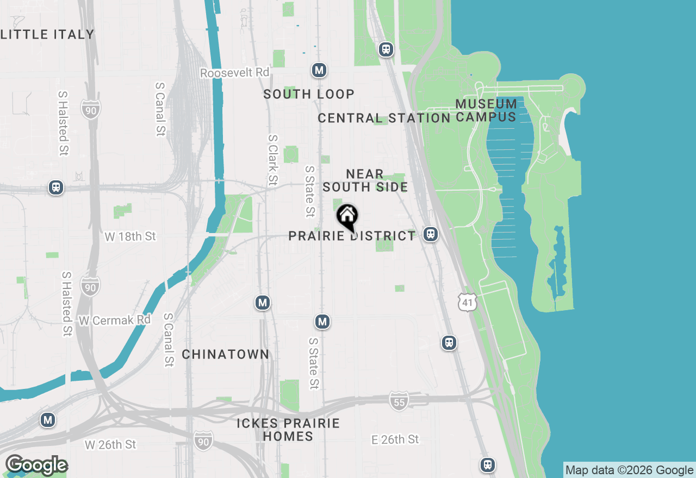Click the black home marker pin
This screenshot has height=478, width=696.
(347, 216)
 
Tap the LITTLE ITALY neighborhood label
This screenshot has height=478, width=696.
(47, 34)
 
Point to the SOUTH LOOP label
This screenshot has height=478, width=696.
(309, 94)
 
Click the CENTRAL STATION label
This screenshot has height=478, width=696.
(384, 118)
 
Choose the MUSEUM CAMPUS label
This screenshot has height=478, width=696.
(486, 110)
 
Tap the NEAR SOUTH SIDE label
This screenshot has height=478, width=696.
(365, 180)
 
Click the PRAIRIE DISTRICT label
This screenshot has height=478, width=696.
(352, 236)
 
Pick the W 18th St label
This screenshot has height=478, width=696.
(130, 236)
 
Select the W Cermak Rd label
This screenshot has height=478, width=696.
(114, 320)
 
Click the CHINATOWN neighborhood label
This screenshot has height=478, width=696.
(226, 354)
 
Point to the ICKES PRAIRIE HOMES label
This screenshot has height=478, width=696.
(288, 430)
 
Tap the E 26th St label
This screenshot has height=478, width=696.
(395, 439)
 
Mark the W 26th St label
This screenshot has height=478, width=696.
(110, 444)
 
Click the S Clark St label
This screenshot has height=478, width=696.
(272, 160)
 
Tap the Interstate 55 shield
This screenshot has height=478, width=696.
(399, 401)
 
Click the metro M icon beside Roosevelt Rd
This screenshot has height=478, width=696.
(319, 70)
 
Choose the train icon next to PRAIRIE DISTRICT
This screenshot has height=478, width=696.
(431, 234)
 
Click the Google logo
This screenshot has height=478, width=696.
(36, 466)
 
